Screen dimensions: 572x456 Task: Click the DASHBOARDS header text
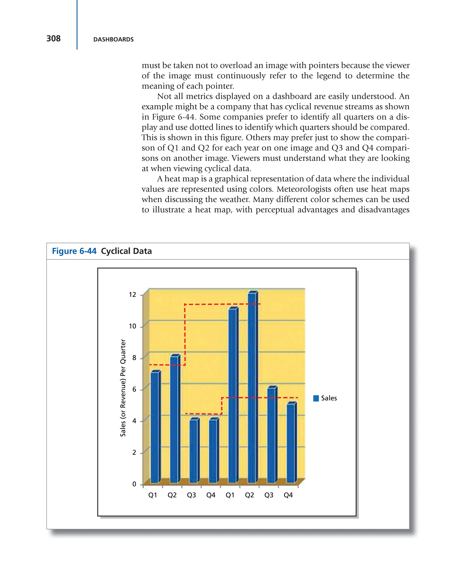[x=113, y=40]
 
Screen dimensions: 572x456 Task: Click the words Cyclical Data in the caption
[x=126, y=251]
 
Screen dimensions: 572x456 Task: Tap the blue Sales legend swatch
[x=316, y=398]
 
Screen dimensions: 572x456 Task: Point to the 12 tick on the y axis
[x=132, y=295]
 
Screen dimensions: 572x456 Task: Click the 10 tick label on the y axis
[x=132, y=326]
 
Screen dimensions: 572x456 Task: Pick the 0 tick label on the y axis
[x=134, y=484]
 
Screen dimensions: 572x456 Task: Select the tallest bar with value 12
[x=252, y=387]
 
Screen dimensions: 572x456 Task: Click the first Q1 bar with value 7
[x=155, y=427]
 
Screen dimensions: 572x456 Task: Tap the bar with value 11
[x=233, y=395]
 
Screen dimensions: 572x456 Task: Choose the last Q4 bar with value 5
[x=291, y=443]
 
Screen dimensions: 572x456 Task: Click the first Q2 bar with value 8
[x=174, y=419]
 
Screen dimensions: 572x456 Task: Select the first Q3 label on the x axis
[x=191, y=495]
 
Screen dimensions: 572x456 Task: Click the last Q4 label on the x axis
[x=288, y=495]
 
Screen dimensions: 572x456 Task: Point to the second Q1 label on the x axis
[x=230, y=495]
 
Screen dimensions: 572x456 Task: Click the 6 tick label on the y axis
[x=134, y=389]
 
